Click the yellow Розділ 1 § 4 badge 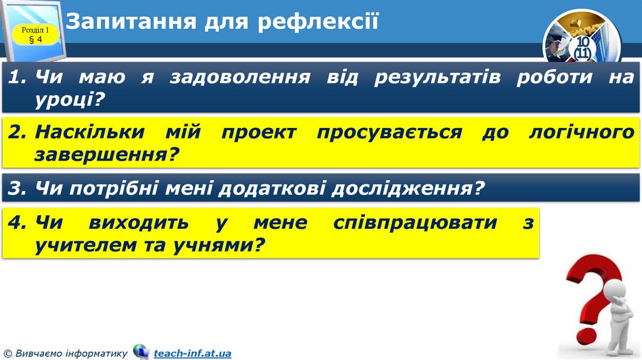[x=36, y=34]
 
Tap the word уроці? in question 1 [x=69, y=98]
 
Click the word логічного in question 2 [x=581, y=132]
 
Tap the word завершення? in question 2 [x=103, y=153]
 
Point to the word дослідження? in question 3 [x=410, y=188]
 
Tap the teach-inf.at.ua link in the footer [x=192, y=354]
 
